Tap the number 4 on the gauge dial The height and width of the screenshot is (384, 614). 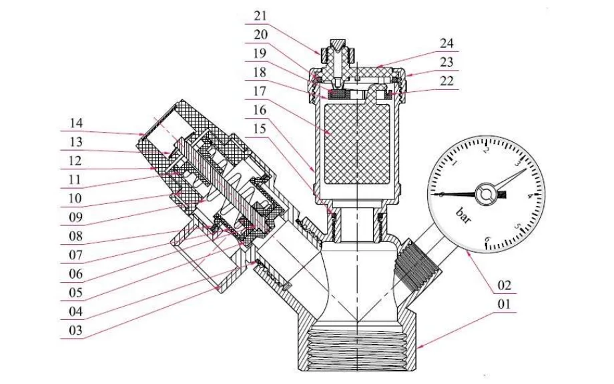[529, 196]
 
